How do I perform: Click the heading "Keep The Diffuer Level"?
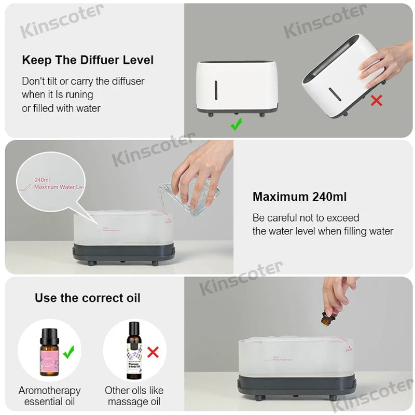tap(88, 60)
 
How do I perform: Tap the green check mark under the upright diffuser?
tap(236, 124)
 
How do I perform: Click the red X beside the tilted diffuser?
tap(376, 100)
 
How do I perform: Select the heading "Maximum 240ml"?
tap(299, 197)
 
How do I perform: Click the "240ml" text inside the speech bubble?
tap(42, 179)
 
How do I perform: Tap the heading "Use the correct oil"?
tap(88, 298)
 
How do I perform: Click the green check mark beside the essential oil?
tap(68, 352)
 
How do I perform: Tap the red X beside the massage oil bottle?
tap(153, 353)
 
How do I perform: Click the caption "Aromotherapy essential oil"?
tap(50, 396)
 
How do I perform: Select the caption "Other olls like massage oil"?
tap(134, 396)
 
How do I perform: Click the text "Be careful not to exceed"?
tap(306, 218)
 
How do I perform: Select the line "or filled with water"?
tap(61, 108)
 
